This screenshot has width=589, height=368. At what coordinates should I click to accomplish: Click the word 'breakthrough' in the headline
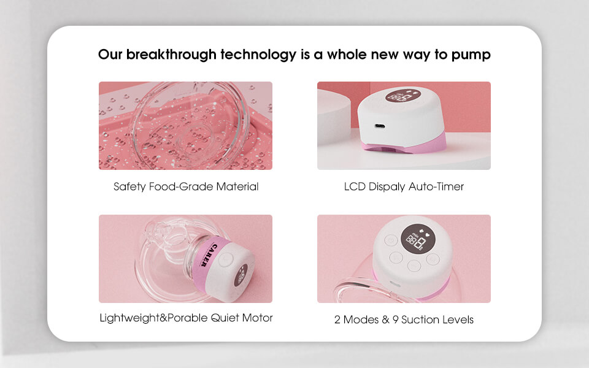pos(171,55)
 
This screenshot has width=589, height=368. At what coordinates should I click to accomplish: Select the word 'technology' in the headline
pos(258,55)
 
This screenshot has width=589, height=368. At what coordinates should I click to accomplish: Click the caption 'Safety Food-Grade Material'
pos(186,186)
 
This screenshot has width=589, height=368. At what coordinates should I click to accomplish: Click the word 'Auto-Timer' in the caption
pos(436,186)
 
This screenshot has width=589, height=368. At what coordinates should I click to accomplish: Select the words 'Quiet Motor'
pos(242,318)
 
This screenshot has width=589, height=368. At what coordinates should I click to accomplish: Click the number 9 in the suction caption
pos(396,320)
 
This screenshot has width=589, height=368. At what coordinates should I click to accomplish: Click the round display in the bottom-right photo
pos(418,239)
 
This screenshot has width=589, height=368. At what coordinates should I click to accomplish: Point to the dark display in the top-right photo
pos(404,96)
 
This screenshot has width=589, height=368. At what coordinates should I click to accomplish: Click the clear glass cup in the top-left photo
pos(190,126)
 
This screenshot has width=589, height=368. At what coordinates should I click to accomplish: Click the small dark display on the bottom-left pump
pos(241,275)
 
